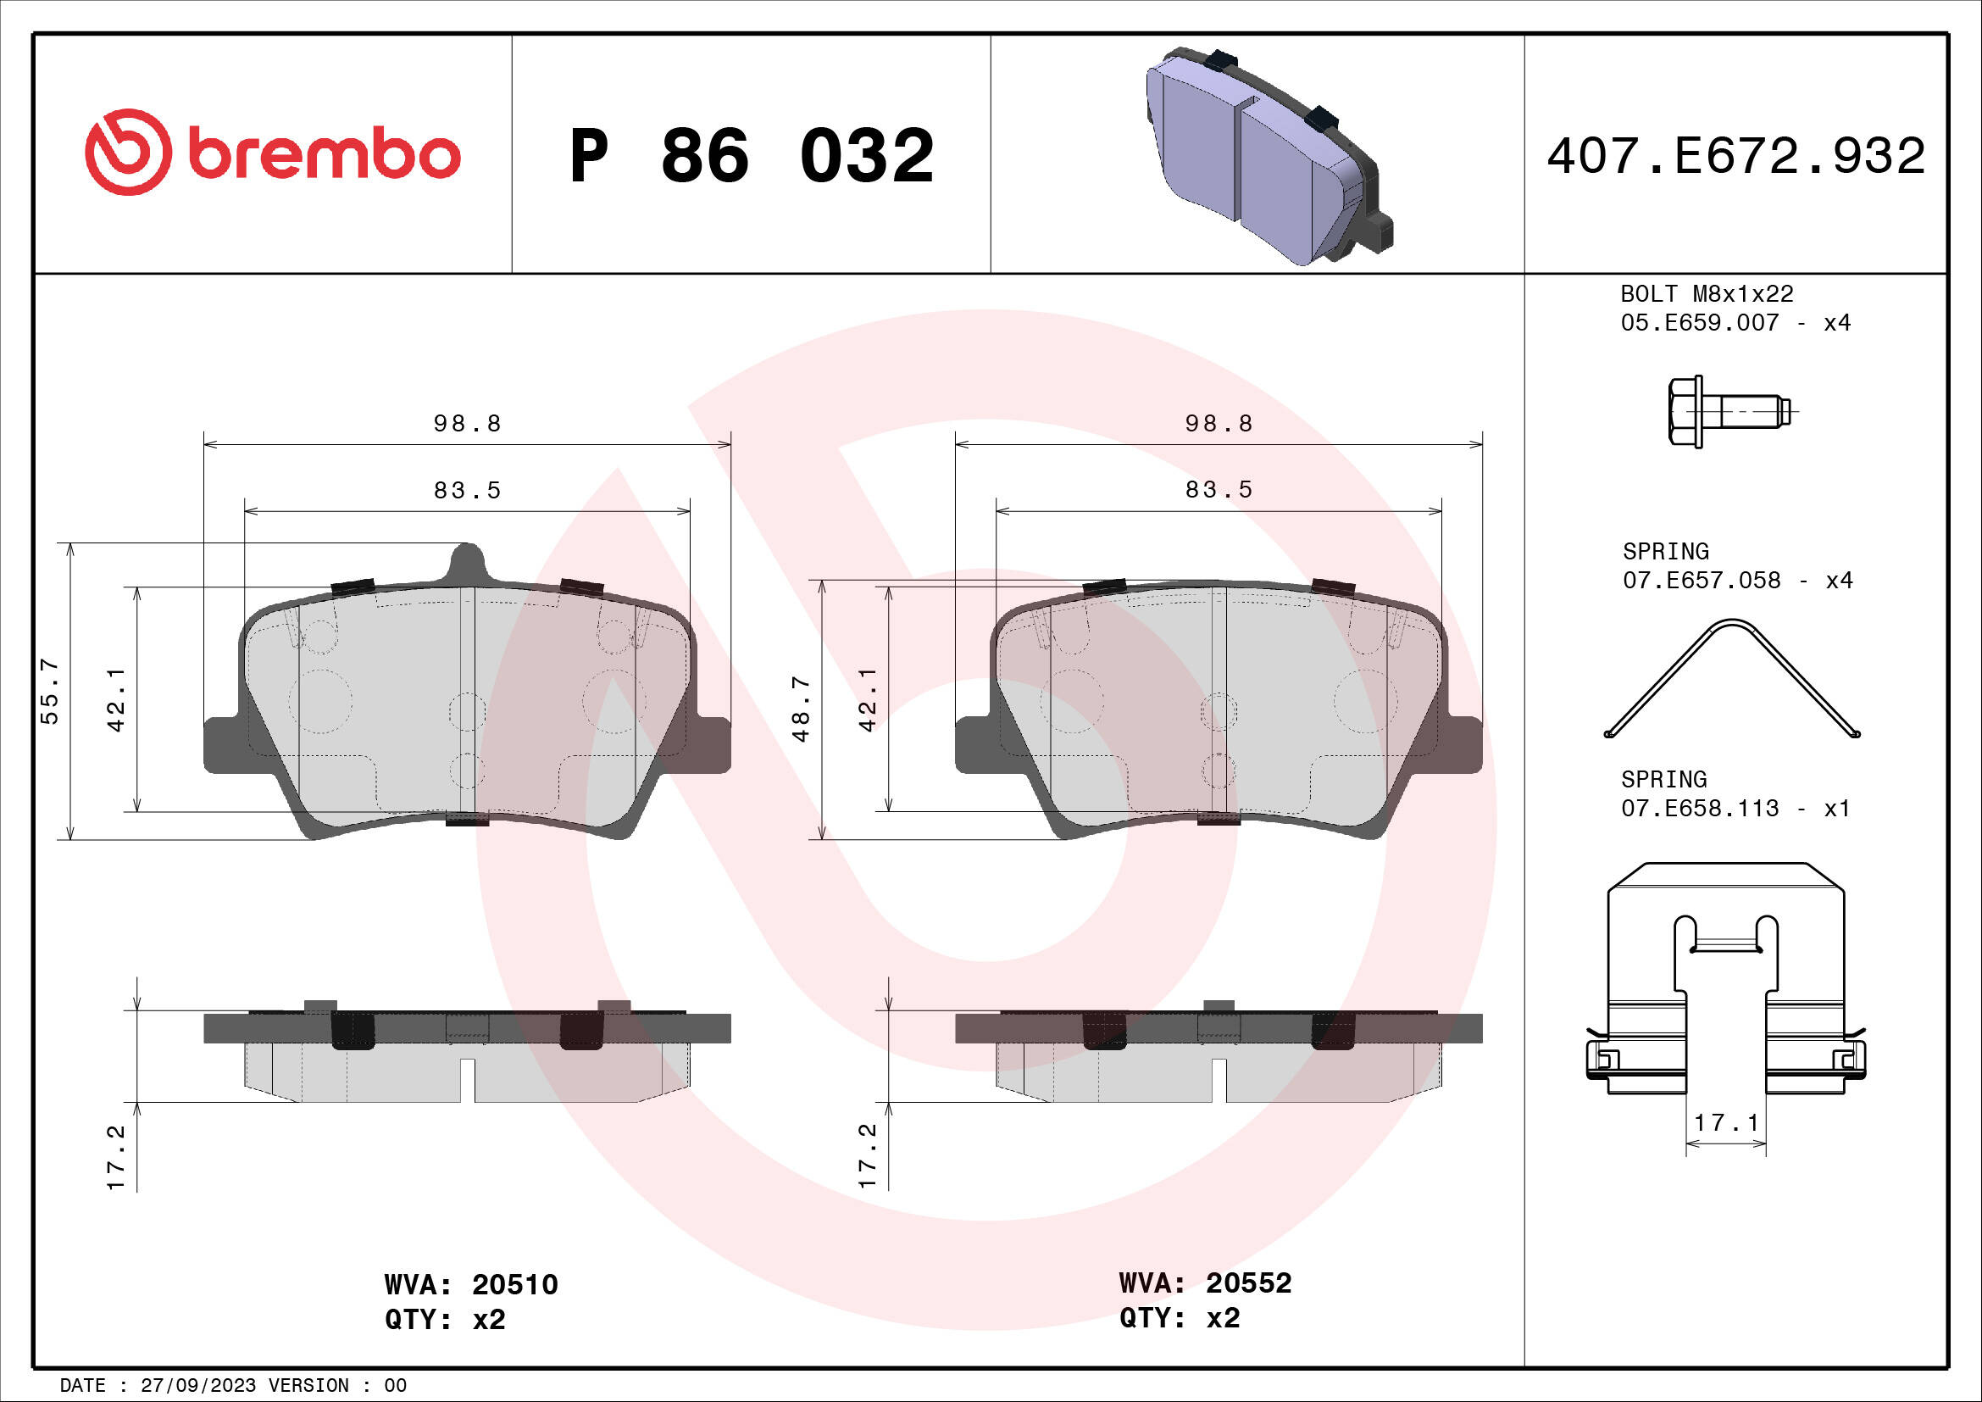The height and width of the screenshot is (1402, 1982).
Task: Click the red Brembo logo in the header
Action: click(273, 153)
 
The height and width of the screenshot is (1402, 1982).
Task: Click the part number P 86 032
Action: click(751, 156)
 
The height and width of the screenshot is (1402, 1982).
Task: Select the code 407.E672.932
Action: click(1735, 156)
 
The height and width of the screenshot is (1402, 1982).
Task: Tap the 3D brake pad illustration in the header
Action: click(1269, 156)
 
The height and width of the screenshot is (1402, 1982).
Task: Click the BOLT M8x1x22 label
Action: click(1706, 293)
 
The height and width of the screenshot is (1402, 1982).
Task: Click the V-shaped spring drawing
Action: click(1732, 680)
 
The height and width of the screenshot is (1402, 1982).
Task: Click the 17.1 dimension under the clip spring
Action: click(1725, 1122)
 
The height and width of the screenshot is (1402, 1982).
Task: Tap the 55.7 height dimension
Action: click(49, 691)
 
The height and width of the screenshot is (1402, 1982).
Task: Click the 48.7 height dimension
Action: click(801, 709)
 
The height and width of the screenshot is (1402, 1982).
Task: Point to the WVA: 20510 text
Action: click(470, 1284)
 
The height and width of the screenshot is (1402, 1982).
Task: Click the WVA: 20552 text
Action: click(1204, 1282)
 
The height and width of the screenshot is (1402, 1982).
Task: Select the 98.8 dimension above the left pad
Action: click(467, 423)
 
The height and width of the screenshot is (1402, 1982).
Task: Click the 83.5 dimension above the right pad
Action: click(1218, 489)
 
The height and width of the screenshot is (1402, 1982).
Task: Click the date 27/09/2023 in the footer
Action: click(197, 1385)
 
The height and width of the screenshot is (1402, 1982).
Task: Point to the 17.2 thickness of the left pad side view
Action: click(116, 1157)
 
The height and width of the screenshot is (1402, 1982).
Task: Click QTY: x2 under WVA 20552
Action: click(1179, 1318)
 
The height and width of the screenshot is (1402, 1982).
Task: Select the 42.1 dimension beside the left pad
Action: click(116, 699)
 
